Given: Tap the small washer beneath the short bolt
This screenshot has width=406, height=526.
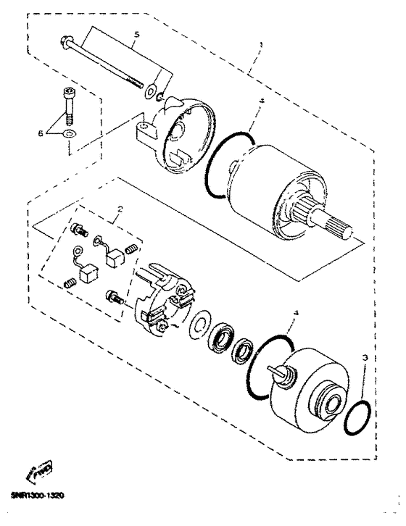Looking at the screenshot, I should click(x=69, y=135).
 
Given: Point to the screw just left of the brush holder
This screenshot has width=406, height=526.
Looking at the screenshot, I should click(x=114, y=297).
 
